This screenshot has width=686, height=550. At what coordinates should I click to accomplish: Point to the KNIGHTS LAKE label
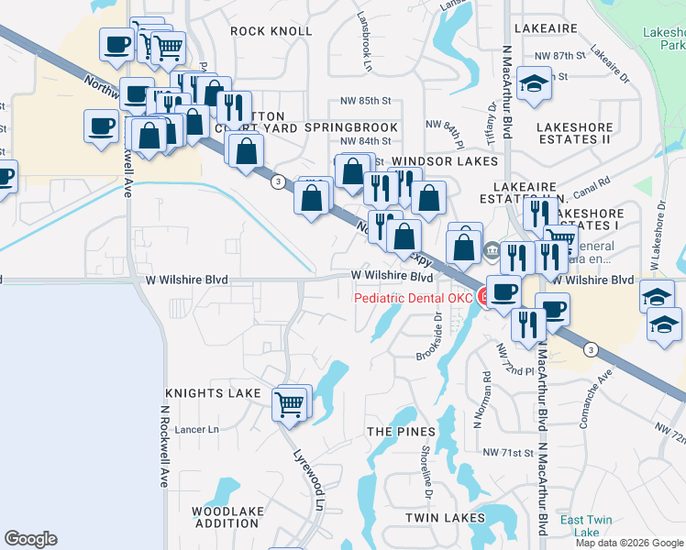tap(208, 393)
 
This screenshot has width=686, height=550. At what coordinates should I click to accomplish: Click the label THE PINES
tap(400, 431)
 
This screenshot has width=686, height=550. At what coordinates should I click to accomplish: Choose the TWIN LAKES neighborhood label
tap(446, 518)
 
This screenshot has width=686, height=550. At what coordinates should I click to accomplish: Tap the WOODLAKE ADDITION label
tap(226, 517)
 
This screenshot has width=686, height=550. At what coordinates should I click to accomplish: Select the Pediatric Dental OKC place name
tap(414, 297)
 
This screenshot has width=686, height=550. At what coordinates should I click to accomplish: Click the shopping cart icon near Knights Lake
tap(290, 403)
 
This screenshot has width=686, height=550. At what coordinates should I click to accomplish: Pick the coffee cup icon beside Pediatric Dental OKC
tap(503, 292)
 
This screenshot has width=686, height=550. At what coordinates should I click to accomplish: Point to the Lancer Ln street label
tap(201, 429)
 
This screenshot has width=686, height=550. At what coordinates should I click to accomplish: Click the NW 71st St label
tap(508, 453)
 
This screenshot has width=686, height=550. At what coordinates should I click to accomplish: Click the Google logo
tap(30, 539)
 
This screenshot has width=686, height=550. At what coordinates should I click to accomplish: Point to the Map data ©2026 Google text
tap(629, 543)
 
